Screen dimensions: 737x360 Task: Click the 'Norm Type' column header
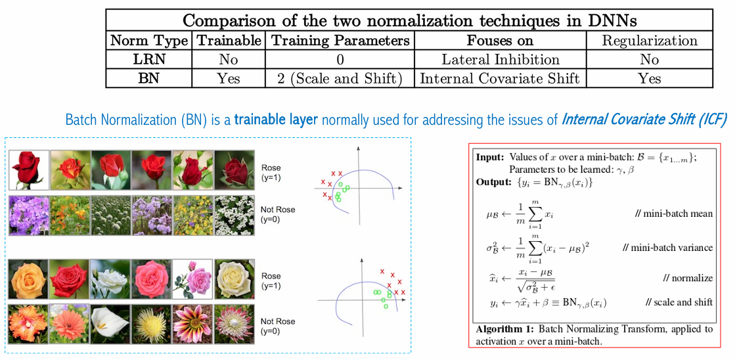[x=148, y=41]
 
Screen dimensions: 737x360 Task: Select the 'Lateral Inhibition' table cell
[x=500, y=60]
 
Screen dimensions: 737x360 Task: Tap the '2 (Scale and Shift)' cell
[x=340, y=78]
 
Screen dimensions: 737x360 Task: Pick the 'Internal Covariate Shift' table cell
[x=500, y=78]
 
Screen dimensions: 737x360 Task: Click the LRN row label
[x=148, y=60]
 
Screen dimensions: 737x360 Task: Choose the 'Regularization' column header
[x=650, y=41]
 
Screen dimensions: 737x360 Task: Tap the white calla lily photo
[x=110, y=325]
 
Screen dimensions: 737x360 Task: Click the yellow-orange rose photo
[x=28, y=279]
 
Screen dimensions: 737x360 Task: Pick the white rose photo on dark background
[x=110, y=279]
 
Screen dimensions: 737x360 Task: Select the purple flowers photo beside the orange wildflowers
[x=28, y=215]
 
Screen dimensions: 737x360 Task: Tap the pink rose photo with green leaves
[x=191, y=279]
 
